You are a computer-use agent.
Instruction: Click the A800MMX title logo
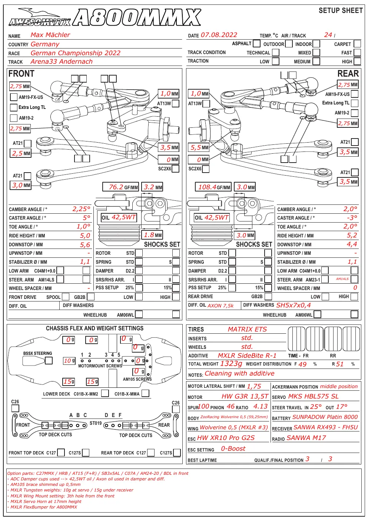tap(137, 17)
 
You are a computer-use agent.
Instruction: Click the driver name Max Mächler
tap(50, 35)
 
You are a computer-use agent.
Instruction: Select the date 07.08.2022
tap(219, 35)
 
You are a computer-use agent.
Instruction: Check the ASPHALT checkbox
tap(256, 43)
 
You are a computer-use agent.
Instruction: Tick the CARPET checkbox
tap(357, 44)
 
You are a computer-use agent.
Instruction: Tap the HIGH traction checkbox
tap(357, 61)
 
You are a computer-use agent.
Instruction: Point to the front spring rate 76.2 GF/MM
tap(120, 187)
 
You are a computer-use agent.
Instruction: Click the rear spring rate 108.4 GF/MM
tap(213, 187)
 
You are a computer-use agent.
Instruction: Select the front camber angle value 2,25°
tap(81, 209)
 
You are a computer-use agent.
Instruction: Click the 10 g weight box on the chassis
tap(69, 360)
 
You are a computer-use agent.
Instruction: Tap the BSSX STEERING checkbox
tap(49, 360)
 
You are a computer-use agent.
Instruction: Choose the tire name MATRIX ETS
tap(247, 329)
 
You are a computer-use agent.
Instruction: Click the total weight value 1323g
tap(231, 364)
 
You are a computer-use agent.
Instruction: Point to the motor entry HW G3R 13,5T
tap(245, 396)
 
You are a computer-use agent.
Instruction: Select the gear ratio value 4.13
tap(261, 406)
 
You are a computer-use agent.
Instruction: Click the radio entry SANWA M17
tap(306, 438)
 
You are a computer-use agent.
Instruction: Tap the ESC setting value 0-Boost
tap(233, 449)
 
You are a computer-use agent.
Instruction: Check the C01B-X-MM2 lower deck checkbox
tap(105, 393)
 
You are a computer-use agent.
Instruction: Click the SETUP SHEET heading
tap(341, 10)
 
